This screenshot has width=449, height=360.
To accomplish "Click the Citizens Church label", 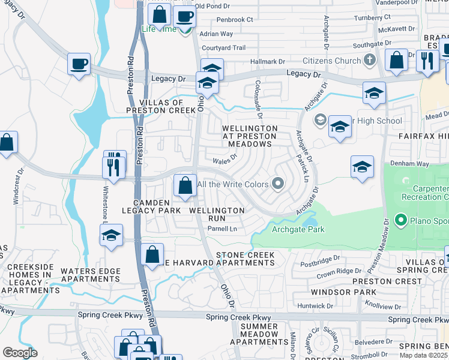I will [331, 61].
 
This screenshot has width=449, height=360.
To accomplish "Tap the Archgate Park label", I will [298, 229].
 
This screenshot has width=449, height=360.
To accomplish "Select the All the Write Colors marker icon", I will [278, 184].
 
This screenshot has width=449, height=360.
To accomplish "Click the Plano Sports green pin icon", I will [400, 221].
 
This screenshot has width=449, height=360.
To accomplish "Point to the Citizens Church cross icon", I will [369, 61].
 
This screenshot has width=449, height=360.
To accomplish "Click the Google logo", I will [20, 353].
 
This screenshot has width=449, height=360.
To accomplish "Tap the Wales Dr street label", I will [225, 160].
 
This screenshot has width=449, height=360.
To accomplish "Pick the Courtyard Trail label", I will [224, 48].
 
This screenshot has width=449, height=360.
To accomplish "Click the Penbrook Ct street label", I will [235, 20].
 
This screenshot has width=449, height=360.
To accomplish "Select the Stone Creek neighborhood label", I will [246, 256].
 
